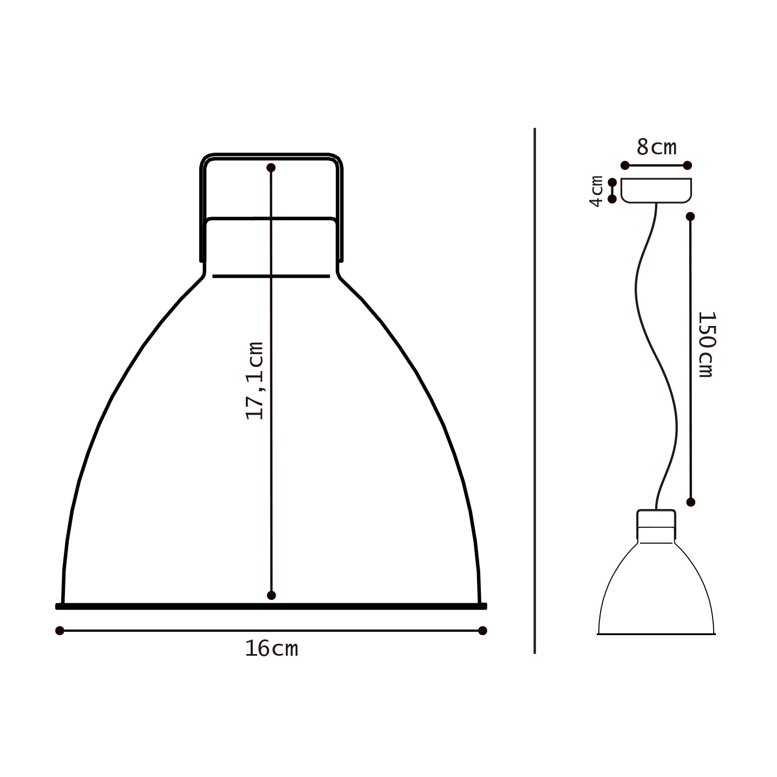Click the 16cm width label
coord(271,649)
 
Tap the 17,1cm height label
coord(254,381)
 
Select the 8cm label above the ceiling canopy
coord(656,147)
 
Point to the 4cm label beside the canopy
coord(596,191)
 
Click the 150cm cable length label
coord(706,344)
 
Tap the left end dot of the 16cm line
coord(60,630)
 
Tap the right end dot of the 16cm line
coord(483,630)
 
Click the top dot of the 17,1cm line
coord(271,168)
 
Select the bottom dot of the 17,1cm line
coord(272,596)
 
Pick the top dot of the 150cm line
coord(690,217)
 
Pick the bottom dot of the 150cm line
coord(690,502)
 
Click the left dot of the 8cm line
coord(625,165)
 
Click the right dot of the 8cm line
coord(688,165)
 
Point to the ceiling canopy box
coord(656,190)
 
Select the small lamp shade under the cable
coord(656,590)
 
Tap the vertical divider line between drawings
coord(534,390)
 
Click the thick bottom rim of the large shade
coord(271,606)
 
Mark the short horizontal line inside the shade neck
coord(271,276)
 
